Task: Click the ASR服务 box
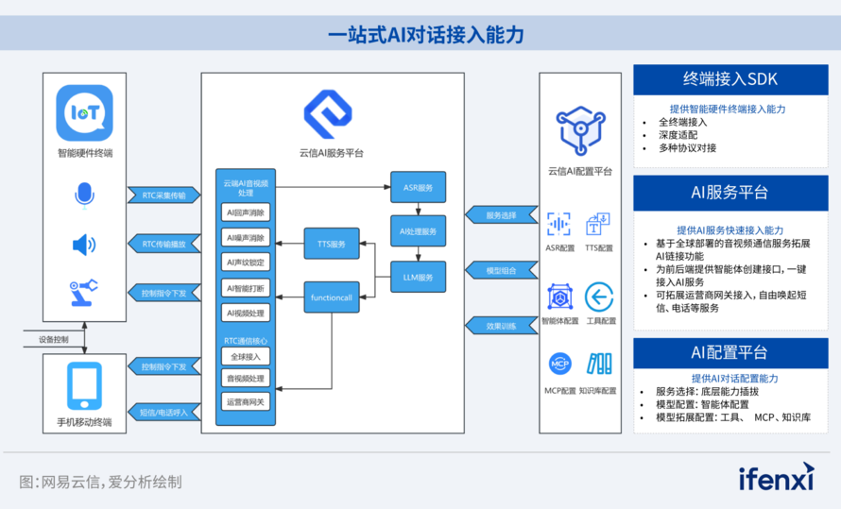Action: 418,187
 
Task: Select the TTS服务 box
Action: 332,244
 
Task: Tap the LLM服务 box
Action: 418,277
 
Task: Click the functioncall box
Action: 332,297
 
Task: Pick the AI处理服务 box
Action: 418,231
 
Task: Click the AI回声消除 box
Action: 246,212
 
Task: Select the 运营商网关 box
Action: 246,401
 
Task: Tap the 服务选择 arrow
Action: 499,215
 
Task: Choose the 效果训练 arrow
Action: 499,326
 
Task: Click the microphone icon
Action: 84,195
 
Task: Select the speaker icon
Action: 84,245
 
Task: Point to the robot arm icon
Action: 84,292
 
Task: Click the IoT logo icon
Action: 84,113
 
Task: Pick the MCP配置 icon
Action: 559,364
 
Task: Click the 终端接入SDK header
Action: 730,79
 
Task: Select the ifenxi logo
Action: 776,478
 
